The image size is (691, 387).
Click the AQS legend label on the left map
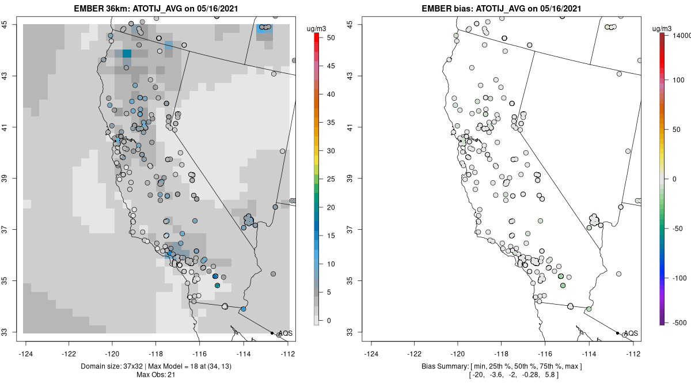(285, 333)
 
